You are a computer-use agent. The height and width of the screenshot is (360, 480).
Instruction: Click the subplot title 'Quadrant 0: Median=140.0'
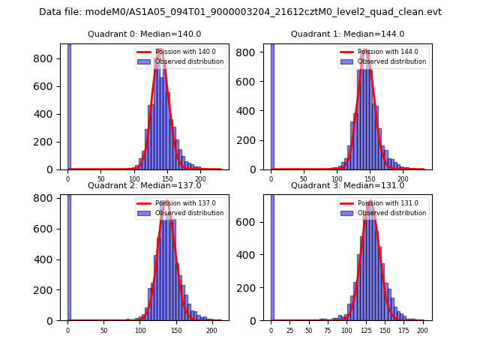(144, 34)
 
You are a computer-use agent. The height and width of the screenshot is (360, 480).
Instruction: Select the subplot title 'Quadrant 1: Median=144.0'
(347, 34)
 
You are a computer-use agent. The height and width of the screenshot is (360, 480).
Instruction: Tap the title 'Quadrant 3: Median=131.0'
(347, 185)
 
